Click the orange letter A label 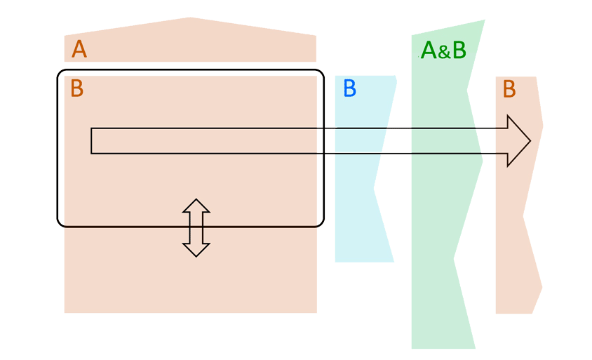point(79,50)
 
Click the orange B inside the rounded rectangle point(76,89)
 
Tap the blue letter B point(349,89)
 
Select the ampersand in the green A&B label point(443,52)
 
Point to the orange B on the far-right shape point(509,89)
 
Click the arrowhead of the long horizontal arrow point(518,140)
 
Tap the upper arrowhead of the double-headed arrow point(196,205)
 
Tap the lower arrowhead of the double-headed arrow point(196,250)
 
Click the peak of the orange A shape point(189,18)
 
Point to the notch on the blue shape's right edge point(374,188)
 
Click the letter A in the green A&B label point(429,51)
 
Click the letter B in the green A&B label point(457,51)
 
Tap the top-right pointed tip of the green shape point(484,21)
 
